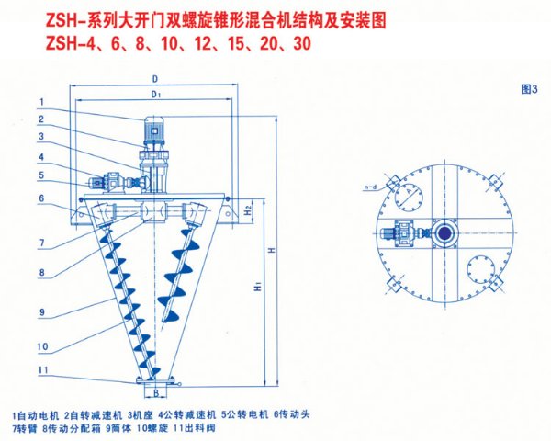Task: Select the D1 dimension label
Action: [157, 94]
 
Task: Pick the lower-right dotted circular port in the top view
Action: [482, 269]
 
